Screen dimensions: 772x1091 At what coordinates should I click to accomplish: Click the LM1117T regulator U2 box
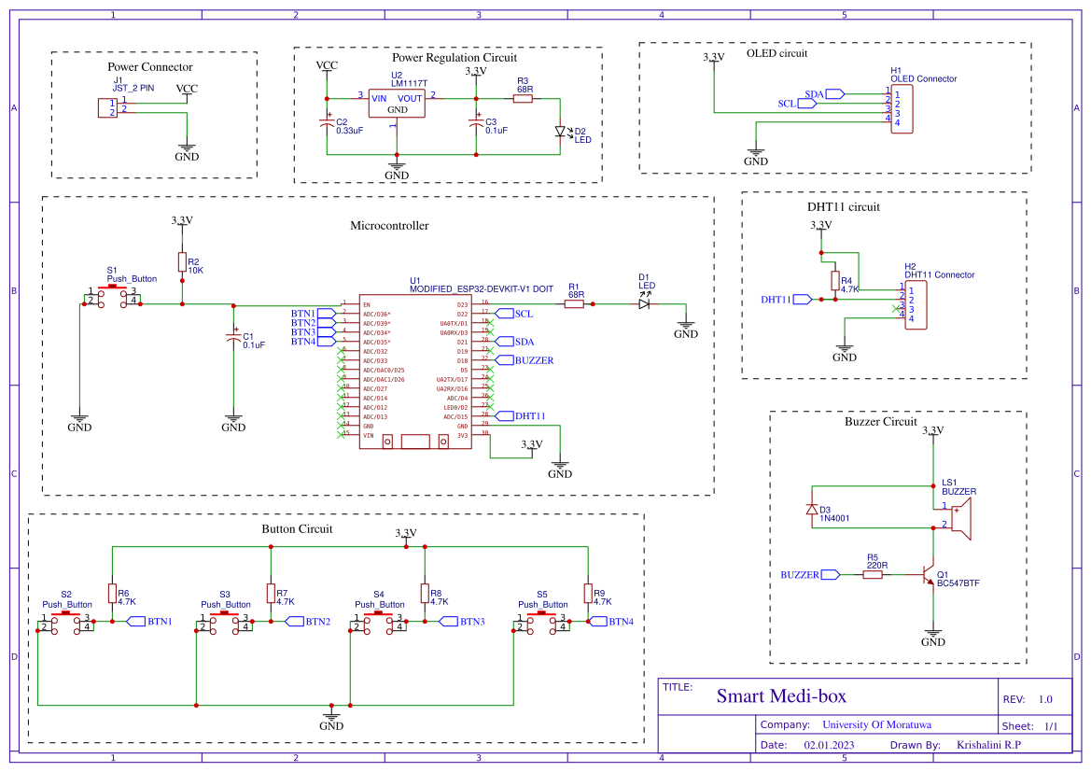397,104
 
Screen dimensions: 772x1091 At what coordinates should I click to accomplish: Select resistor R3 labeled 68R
523,98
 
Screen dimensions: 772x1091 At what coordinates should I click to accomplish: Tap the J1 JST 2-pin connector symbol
107,107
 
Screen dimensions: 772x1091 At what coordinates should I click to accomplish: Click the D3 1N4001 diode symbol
812,510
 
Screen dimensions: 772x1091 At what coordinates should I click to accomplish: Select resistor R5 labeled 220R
873,575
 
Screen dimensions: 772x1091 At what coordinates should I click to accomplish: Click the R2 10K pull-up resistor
182,262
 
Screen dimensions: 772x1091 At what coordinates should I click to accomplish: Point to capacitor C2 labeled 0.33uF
327,123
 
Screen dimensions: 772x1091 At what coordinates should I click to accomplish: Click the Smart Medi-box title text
780,696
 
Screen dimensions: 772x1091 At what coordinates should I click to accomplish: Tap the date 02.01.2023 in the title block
829,745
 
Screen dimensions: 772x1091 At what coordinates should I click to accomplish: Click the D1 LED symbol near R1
645,303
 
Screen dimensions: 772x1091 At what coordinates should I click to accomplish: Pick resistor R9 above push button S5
588,593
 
